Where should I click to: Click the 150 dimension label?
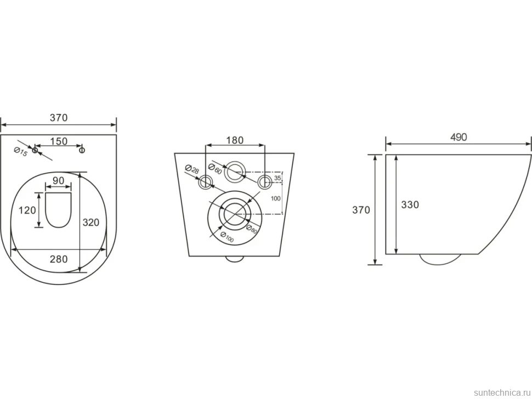(59, 141)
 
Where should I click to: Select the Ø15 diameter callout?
(20, 152)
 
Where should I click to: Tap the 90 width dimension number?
(58, 180)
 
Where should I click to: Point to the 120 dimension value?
(27, 210)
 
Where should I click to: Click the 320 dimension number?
(91, 223)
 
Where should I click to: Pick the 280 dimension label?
(59, 259)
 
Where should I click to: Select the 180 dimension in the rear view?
(235, 140)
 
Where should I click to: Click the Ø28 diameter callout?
(192, 169)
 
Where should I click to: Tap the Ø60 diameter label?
(215, 169)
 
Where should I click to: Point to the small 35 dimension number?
(278, 178)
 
